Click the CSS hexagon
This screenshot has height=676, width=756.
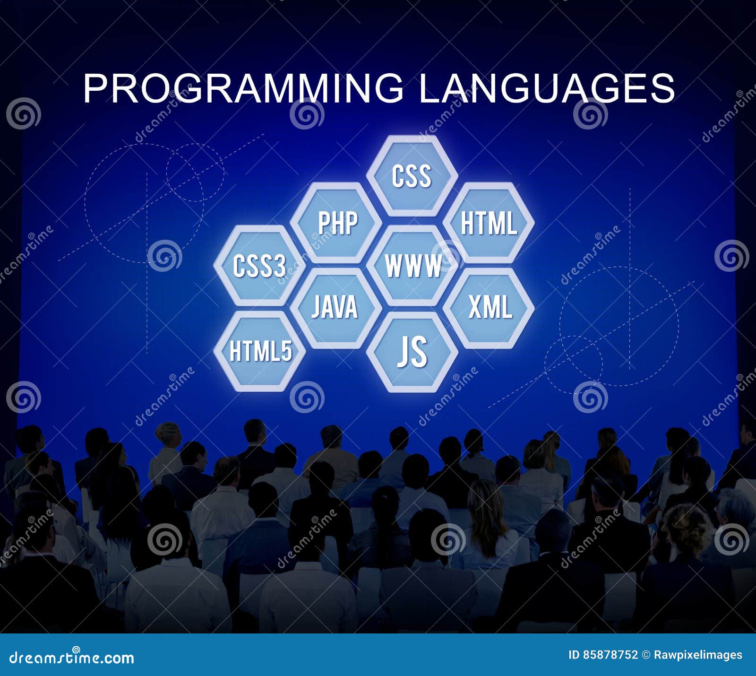412,176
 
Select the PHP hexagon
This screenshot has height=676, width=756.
336,223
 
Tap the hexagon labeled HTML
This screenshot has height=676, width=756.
489,223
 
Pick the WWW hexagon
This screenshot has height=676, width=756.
412,266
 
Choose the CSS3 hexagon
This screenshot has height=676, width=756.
259,266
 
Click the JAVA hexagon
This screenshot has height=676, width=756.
335,308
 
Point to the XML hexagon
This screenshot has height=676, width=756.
489,308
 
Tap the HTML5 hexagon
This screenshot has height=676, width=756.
260,351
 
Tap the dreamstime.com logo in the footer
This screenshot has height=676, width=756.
72,657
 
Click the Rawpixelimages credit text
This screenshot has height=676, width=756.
697,655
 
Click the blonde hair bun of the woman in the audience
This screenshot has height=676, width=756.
168,432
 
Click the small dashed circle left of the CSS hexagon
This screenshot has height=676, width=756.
195,173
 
